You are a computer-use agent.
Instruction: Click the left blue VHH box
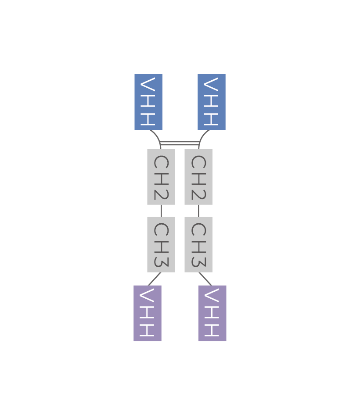coord(148,102)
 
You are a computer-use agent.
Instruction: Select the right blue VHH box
coord(212,102)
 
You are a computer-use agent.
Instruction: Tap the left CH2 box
coord(161,176)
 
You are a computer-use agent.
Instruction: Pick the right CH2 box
coord(198,176)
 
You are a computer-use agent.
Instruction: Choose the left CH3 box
coord(161,244)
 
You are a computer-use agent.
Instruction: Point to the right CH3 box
coord(198,244)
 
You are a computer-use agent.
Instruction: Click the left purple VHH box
coord(148,313)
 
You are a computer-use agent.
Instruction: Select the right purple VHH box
coord(212,313)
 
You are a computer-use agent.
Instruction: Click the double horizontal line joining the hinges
coord(180,143)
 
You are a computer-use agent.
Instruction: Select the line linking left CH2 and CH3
coord(161,211)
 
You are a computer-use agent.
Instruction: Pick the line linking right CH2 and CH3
coord(198,211)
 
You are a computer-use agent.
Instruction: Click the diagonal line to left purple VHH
coord(155,279)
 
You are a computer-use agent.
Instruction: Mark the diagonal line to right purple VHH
coord(205,279)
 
